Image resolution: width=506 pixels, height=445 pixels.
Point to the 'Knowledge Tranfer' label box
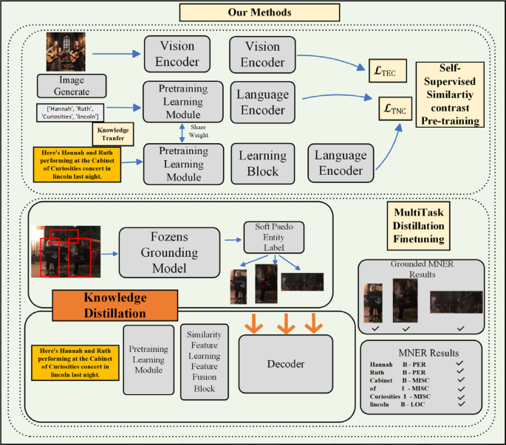(113, 134)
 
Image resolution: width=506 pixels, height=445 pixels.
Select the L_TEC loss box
(386, 73)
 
